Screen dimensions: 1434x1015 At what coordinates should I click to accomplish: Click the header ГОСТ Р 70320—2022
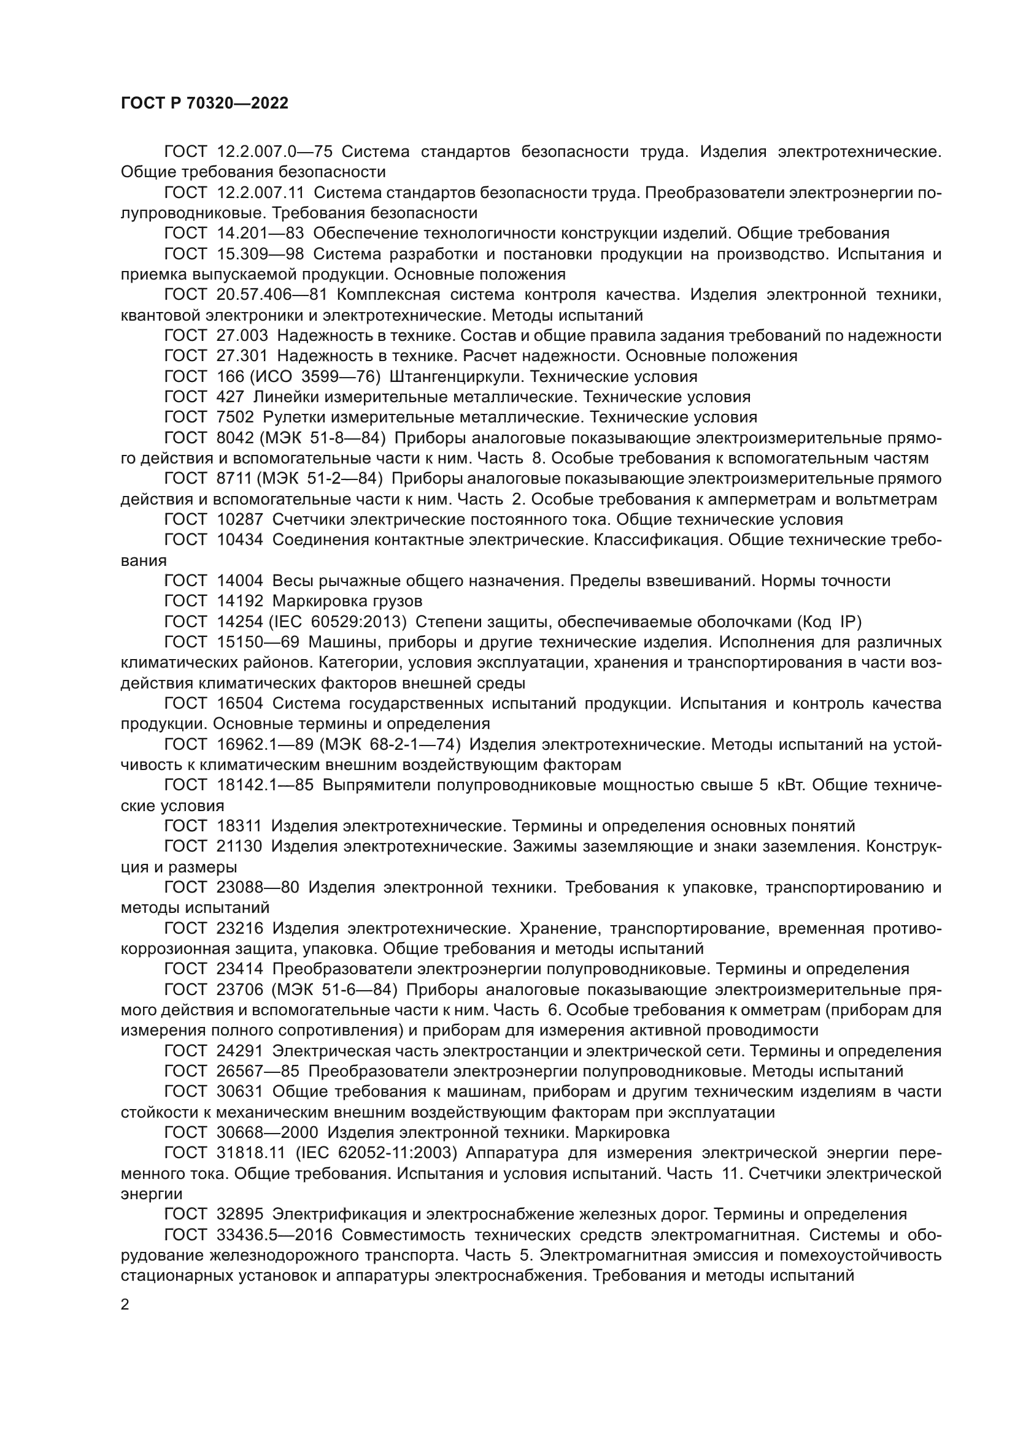click(x=204, y=104)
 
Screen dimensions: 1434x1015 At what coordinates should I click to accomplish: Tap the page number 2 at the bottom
click(x=125, y=1304)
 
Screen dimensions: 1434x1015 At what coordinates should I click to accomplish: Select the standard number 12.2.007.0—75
click(x=274, y=152)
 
